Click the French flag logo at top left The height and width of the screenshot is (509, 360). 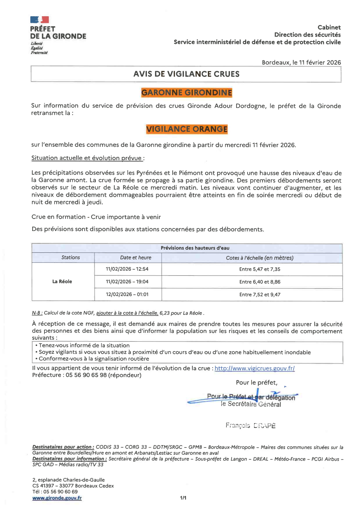39,20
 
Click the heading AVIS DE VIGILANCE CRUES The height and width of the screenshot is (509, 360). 186,74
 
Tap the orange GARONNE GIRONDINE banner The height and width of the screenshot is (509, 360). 187,93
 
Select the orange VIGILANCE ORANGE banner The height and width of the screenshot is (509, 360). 187,129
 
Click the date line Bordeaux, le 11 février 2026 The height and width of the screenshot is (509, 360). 301,62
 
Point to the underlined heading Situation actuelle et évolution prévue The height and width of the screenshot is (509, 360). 87,158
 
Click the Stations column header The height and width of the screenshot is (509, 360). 71,257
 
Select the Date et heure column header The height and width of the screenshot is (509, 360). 136,257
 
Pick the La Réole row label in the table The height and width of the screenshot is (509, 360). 62,281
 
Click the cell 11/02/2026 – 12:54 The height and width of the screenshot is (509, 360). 127,269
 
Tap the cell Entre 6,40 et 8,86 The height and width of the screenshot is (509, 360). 260,282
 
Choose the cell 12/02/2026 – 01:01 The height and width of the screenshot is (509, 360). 127,295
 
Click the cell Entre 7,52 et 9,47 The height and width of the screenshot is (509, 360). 260,295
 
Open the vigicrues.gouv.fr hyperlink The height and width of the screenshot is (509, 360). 255,368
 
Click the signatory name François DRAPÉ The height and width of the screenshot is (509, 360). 251,425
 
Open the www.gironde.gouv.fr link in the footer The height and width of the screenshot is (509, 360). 57,498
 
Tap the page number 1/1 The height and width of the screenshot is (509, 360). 183,498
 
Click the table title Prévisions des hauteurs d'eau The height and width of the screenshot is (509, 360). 195,248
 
